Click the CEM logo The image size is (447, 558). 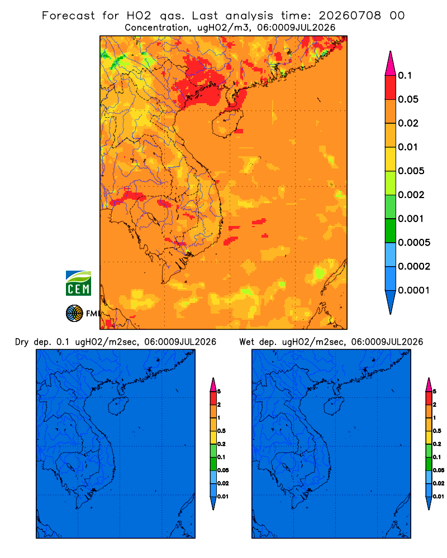(78, 283)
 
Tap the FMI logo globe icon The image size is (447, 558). (74, 313)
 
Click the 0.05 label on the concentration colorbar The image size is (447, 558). (408, 99)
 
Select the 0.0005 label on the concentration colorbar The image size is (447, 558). (414, 243)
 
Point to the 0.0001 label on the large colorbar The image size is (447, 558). (414, 290)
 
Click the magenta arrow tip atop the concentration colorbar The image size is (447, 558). (391, 63)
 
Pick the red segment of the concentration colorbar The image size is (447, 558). (391, 87)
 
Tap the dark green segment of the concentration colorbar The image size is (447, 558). (391, 230)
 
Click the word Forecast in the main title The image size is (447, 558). (68, 16)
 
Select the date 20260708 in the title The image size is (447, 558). (350, 16)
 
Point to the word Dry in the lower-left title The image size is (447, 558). (21, 342)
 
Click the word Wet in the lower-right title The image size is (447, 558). (246, 342)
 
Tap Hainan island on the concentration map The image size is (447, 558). (227, 123)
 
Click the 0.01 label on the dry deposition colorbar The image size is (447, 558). (223, 497)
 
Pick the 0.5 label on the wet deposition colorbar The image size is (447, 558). (437, 431)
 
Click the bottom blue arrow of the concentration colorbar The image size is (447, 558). (391, 302)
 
